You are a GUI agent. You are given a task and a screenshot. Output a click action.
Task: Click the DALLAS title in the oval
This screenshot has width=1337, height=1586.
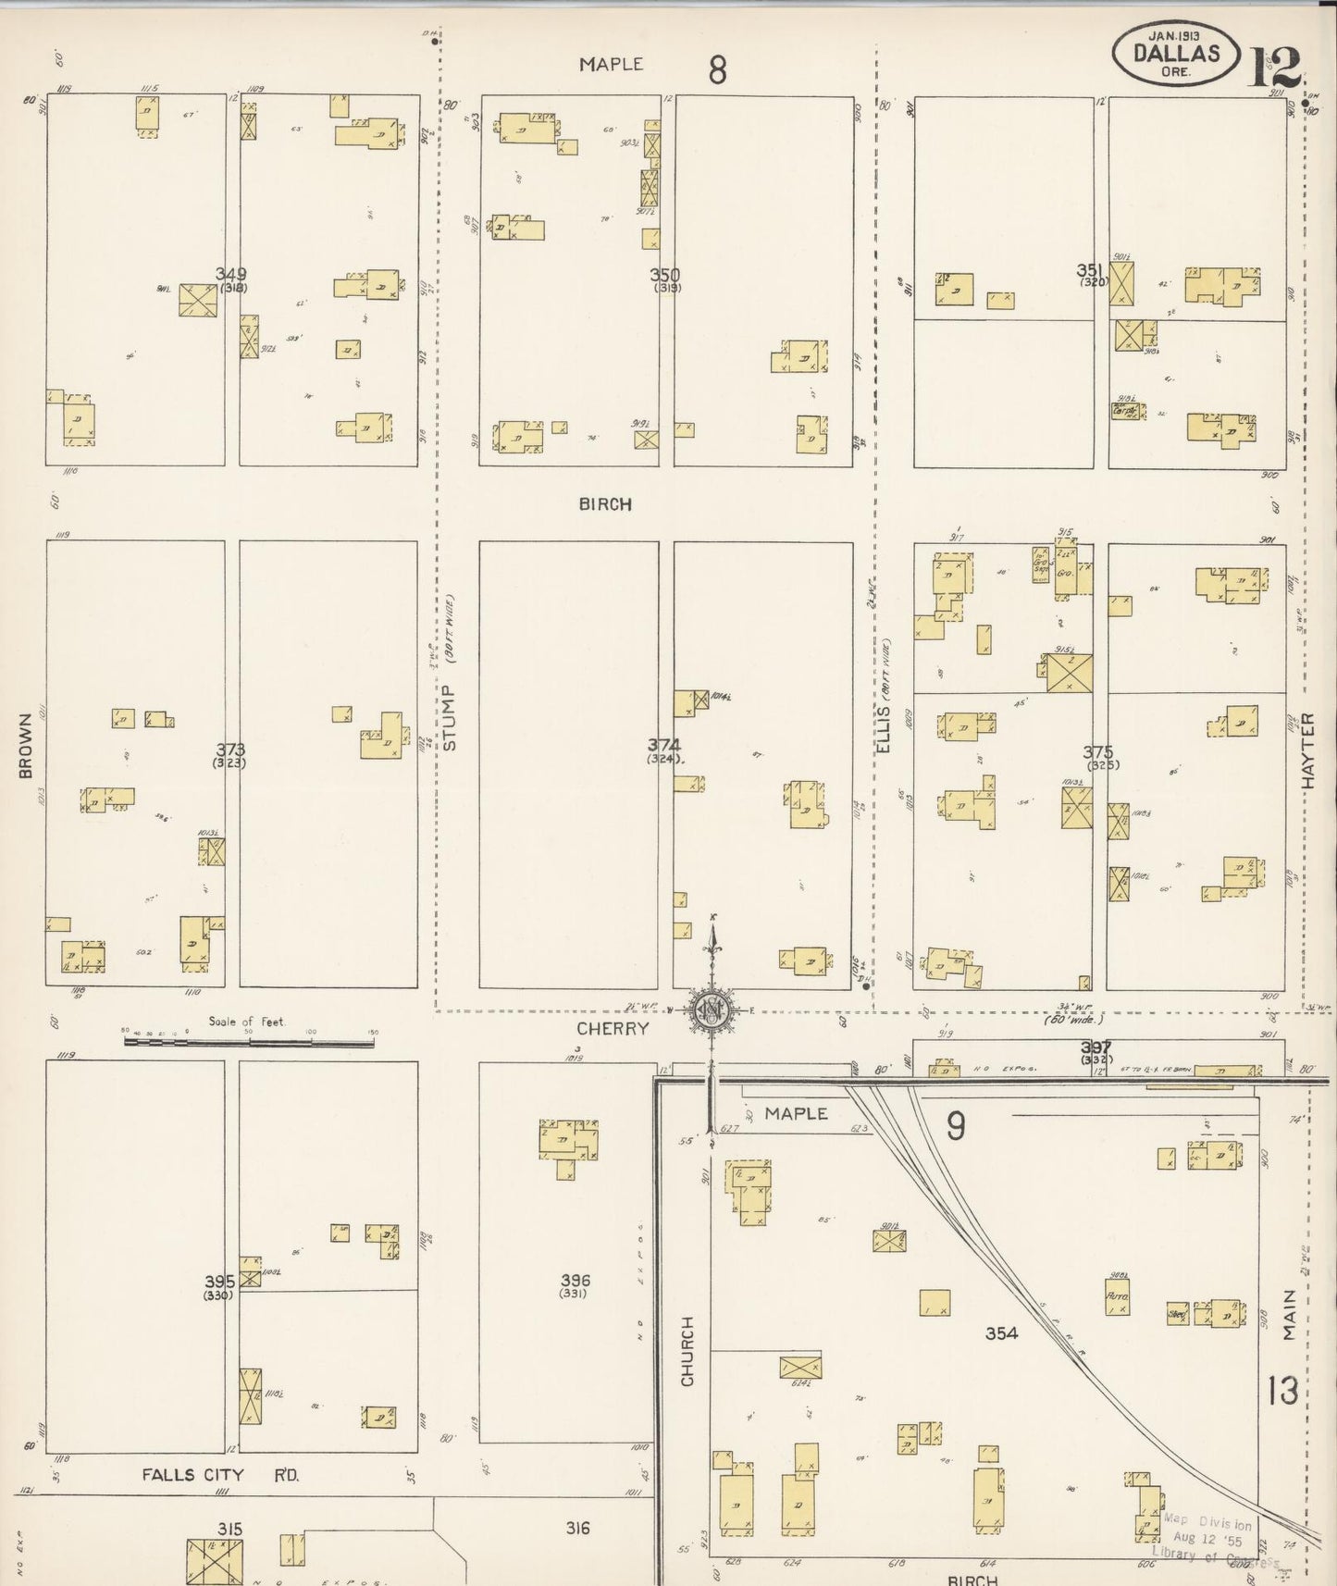(1177, 55)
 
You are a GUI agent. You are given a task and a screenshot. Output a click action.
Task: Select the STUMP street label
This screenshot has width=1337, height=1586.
(450, 717)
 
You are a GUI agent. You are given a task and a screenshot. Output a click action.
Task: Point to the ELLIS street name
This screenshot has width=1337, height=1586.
(883, 728)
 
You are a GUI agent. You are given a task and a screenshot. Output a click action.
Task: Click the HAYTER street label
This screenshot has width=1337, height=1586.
(1309, 750)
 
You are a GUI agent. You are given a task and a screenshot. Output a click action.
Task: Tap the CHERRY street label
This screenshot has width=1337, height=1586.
(612, 1028)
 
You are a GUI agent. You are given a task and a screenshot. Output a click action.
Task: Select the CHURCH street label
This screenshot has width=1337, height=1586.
(687, 1351)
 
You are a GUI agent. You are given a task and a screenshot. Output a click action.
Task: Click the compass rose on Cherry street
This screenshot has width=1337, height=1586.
(712, 1010)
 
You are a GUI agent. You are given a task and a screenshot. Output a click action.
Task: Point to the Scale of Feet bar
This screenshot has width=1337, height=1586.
(249, 1042)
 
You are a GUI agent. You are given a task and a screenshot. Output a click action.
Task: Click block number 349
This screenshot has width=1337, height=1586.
(230, 274)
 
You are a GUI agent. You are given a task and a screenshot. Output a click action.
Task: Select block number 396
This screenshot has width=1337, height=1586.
(575, 1280)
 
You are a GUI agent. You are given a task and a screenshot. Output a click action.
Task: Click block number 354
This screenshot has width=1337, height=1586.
(1001, 1332)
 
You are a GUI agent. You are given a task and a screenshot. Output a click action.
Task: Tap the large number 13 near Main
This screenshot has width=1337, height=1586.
(1282, 1391)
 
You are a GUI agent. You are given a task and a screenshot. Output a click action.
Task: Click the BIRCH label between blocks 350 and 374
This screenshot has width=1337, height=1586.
(605, 504)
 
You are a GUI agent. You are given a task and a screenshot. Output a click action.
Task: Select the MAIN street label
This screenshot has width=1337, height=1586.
(1290, 1315)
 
